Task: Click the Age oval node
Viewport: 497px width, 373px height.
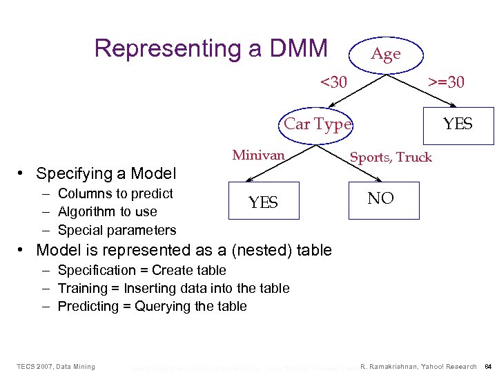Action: pos(385,54)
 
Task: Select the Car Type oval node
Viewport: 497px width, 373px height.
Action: pos(318,124)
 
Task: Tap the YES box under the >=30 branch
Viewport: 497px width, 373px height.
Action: pos(458,124)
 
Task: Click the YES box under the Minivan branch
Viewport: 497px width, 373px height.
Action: pos(263,202)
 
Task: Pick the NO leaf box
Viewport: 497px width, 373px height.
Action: pos(380,199)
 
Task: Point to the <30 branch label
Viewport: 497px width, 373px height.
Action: pos(334,83)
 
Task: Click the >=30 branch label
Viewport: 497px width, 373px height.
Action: pos(446,83)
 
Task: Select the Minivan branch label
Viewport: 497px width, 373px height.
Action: pos(258,155)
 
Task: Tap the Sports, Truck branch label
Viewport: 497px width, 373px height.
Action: pos(391,157)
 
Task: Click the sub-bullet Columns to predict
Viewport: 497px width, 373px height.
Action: pos(115,193)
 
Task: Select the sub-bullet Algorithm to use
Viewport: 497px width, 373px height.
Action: pos(107,211)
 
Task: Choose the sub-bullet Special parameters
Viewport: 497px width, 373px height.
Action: pos(117,230)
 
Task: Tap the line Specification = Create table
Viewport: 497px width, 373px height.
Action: pos(142,270)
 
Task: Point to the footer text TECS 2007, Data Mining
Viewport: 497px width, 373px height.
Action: pos(56,366)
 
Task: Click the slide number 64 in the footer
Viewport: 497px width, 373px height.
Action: pos(487,366)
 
